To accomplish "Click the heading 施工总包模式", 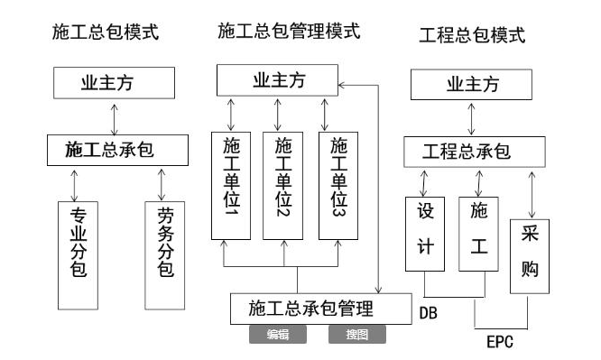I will point(106,32).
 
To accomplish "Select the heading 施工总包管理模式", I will point(289,32).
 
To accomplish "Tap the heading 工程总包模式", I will point(472,36).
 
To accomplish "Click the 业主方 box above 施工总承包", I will point(112,84).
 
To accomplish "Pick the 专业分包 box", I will point(79,253).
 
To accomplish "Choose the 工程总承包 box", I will point(473,152).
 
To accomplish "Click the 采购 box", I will point(530,255).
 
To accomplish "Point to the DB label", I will point(429,312).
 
